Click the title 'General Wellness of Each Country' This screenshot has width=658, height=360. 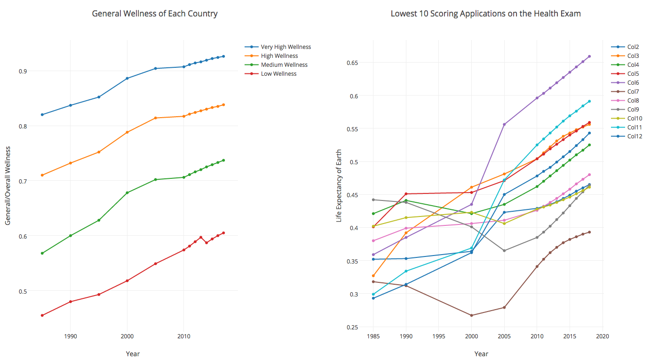pos(155,14)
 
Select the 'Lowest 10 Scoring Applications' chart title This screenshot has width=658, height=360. pos(485,14)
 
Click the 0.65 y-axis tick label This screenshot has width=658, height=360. pos(352,63)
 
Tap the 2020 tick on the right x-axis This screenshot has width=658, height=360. pos(603,336)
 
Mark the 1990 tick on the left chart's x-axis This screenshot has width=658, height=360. pos(71,336)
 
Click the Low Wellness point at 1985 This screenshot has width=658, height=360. pos(42,315)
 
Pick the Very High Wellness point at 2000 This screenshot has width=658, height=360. pos(127,78)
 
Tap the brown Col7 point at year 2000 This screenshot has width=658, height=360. pos(472,315)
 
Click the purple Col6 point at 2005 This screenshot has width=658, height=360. pos(504,124)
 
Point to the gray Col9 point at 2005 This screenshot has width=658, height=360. pos(504,250)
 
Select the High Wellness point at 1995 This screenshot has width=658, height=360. pos(99,152)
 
